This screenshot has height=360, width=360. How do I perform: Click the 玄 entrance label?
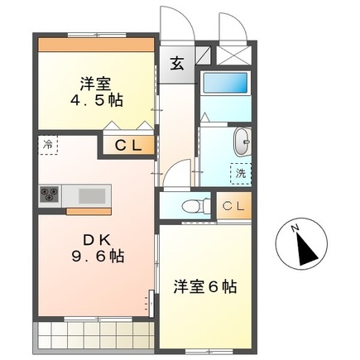[178, 64]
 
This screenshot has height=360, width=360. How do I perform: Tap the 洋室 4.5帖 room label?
[97, 91]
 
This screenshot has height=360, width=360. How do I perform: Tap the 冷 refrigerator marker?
[48, 144]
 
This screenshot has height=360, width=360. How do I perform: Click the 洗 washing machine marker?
[241, 175]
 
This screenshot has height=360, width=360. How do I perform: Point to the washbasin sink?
[243, 142]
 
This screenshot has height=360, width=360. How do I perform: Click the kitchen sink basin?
[92, 196]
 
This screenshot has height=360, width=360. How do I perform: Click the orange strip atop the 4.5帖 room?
[97, 42]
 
